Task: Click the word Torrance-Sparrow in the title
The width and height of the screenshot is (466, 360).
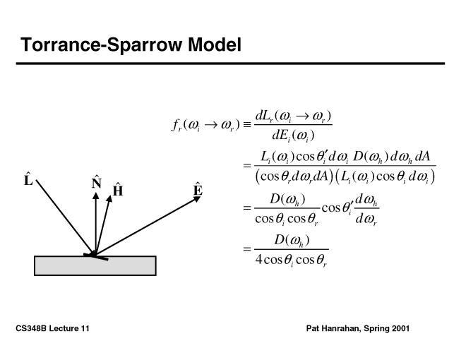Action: pyautogui.click(x=102, y=45)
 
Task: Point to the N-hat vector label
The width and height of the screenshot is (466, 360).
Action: pyautogui.click(x=96, y=184)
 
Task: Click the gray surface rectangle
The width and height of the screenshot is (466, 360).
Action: pyautogui.click(x=95, y=265)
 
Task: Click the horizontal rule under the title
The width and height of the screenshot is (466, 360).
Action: pyautogui.click(x=232, y=64)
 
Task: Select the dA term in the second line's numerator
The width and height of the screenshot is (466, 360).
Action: pyautogui.click(x=425, y=155)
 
